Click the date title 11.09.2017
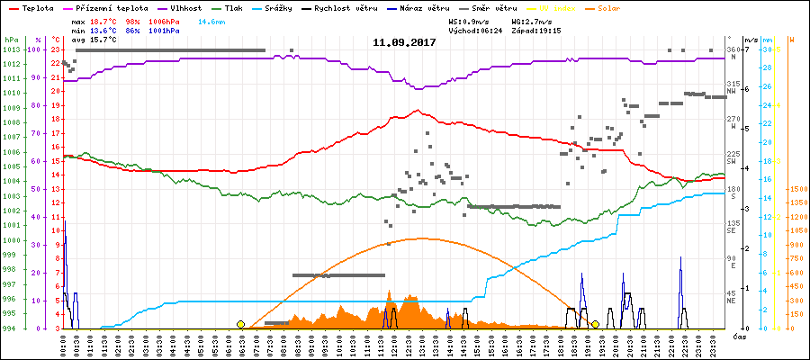404,42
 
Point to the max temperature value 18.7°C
103,19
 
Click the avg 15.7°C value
103,40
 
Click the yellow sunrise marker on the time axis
240,324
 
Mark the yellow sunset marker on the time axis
595,324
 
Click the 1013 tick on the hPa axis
10,49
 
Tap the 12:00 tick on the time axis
395,344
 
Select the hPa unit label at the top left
10,40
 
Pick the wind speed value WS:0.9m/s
472,19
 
